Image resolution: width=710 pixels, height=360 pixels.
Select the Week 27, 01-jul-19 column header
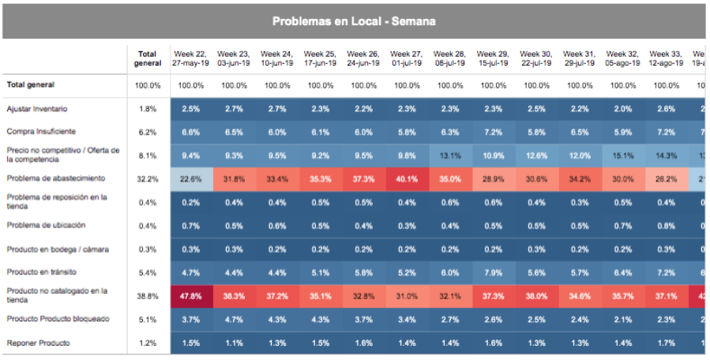click(x=407, y=58)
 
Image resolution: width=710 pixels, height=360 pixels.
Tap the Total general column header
click(x=148, y=58)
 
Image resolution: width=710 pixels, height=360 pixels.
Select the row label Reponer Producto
click(x=39, y=343)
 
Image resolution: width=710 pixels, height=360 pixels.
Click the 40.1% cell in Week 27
click(x=407, y=178)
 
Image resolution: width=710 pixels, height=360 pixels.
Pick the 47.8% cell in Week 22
click(x=191, y=296)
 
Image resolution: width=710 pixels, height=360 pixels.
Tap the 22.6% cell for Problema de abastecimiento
click(x=191, y=178)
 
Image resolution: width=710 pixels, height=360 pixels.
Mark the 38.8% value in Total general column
click(x=148, y=296)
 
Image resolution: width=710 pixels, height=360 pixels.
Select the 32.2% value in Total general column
click(x=148, y=178)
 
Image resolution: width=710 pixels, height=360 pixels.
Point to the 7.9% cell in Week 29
click(x=493, y=272)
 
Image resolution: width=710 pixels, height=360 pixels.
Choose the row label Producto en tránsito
click(x=42, y=272)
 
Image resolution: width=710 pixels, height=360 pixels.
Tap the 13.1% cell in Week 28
click(x=450, y=155)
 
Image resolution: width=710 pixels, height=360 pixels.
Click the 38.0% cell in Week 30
click(x=536, y=296)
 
